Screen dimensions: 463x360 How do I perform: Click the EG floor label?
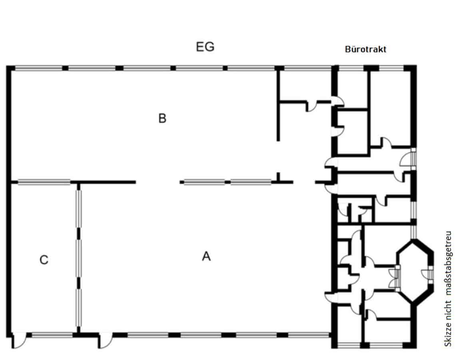tap(205, 47)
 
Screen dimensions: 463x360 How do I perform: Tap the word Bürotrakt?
tap(365, 49)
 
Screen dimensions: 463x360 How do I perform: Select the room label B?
tap(162, 118)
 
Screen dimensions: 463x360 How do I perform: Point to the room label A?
tap(206, 256)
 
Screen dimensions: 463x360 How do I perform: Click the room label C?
tap(44, 260)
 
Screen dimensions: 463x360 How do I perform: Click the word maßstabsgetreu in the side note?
tap(449, 263)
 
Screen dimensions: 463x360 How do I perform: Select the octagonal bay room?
tap(415, 271)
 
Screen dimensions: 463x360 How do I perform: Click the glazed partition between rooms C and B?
tap(44, 182)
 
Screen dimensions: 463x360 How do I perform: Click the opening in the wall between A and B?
tap(158, 182)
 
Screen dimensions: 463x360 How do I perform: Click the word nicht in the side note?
tap(449, 309)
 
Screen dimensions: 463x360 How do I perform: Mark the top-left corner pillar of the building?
tap(10, 68)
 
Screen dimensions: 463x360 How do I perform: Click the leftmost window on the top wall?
tap(39, 68)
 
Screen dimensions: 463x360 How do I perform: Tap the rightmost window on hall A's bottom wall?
tap(309, 335)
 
